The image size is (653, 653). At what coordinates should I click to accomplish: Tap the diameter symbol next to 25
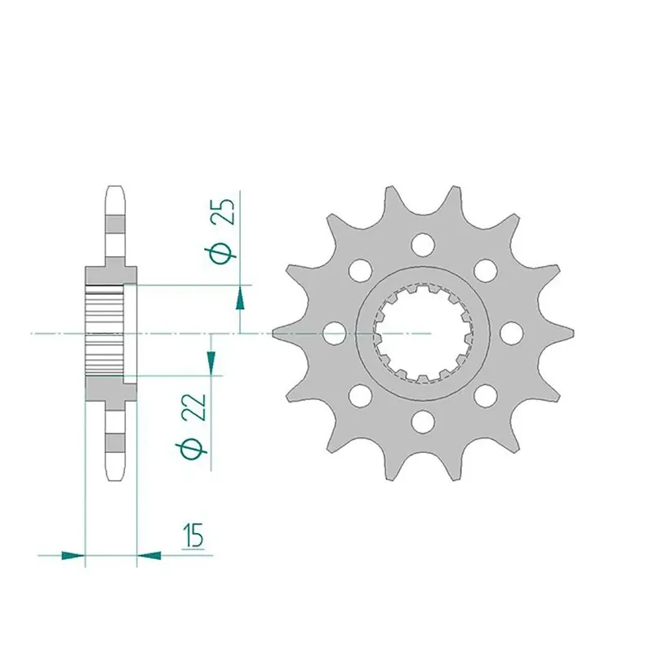[221, 252]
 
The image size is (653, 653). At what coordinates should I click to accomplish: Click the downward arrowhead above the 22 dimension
[211, 362]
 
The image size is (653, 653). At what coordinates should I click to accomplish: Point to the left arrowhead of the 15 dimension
[73, 555]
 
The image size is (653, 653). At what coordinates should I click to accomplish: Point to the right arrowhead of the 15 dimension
[149, 555]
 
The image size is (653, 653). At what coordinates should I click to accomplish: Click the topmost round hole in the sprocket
[423, 244]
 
